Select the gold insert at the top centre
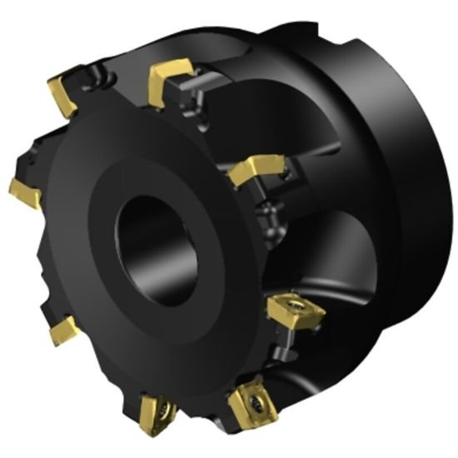coord(166,80)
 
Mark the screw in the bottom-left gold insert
coord(160,412)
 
